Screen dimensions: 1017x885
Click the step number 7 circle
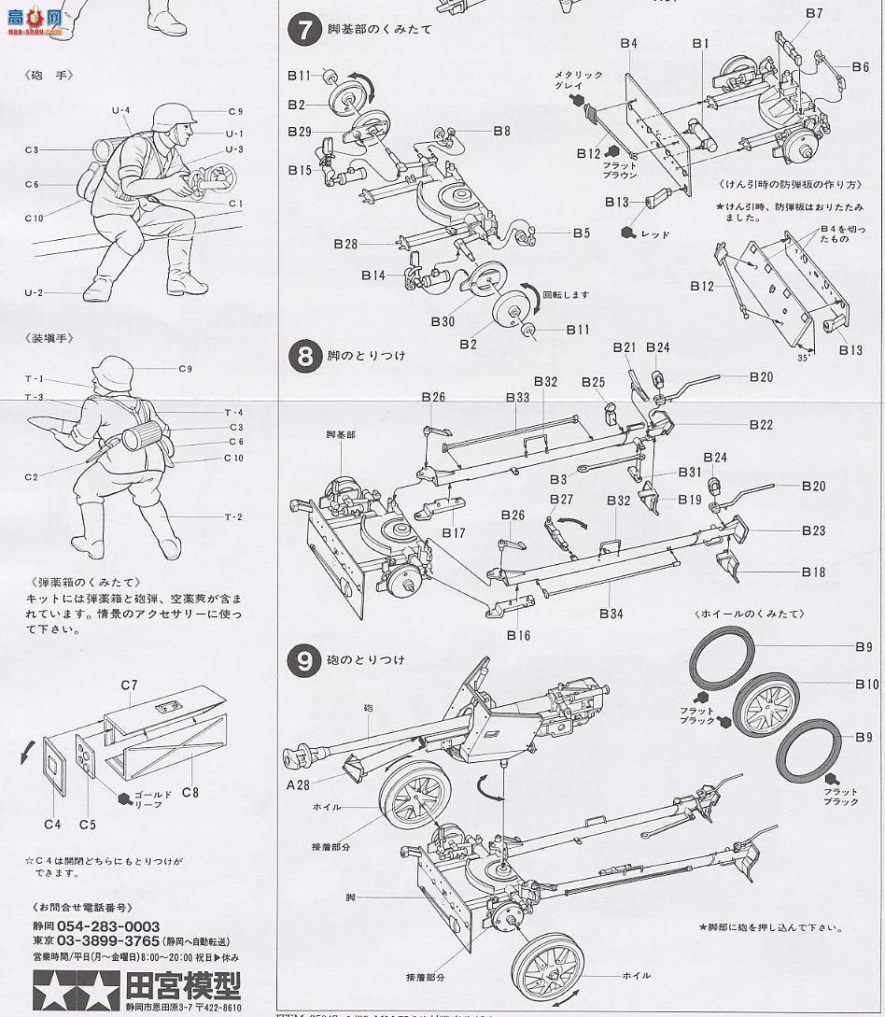tap(304, 29)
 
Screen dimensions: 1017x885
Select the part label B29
tap(299, 132)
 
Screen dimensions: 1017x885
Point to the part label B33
tap(518, 397)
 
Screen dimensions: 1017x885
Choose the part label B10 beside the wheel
tap(865, 685)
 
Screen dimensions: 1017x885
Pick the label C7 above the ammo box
tap(129, 685)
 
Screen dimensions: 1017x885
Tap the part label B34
tap(611, 614)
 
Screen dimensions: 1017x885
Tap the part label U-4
tap(120, 110)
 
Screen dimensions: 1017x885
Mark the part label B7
tap(813, 13)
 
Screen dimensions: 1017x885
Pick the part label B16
tap(518, 635)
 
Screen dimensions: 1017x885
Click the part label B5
tap(582, 233)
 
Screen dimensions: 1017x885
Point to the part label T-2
tap(232, 517)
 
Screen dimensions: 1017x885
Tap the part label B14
tap(373, 275)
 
